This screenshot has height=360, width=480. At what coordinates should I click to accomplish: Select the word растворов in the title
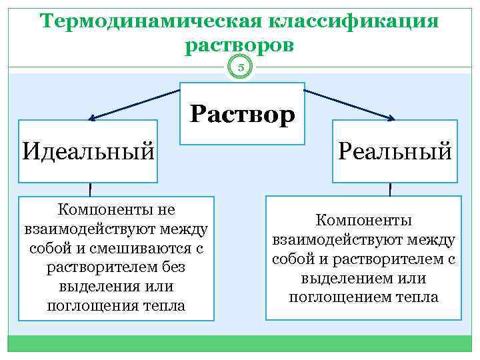pyautogui.click(x=239, y=45)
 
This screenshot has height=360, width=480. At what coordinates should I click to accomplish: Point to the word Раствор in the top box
pyautogui.click(x=242, y=115)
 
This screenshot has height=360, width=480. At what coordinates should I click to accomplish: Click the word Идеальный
pyautogui.click(x=88, y=151)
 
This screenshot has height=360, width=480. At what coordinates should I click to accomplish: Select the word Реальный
pyautogui.click(x=395, y=151)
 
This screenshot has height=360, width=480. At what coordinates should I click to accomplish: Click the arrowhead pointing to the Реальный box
pyautogui.click(x=391, y=119)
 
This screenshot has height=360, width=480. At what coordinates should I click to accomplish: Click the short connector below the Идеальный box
pyautogui.click(x=90, y=189)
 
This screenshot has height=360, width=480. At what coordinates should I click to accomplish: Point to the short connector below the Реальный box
pyautogui.click(x=390, y=189)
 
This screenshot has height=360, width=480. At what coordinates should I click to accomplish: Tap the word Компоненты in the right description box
pyautogui.click(x=364, y=219)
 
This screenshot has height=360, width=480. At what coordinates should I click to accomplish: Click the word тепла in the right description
pyautogui.click(x=420, y=297)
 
